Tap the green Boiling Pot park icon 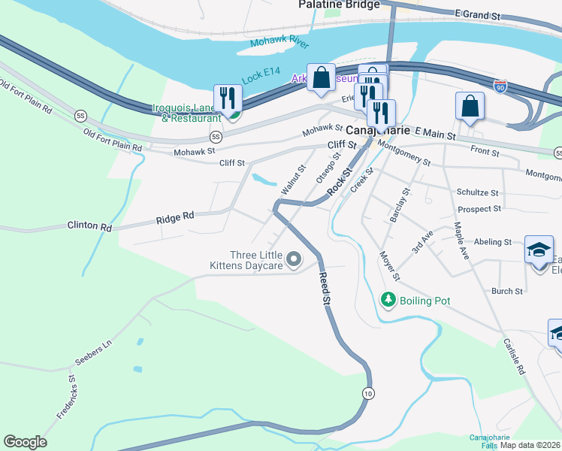(x=388, y=300)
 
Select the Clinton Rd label (x=89, y=225)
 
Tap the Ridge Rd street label (x=175, y=217)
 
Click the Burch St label (x=506, y=291)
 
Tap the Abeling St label (x=493, y=242)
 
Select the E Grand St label (x=477, y=14)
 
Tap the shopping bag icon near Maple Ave (x=470, y=106)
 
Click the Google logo (x=25, y=441)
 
